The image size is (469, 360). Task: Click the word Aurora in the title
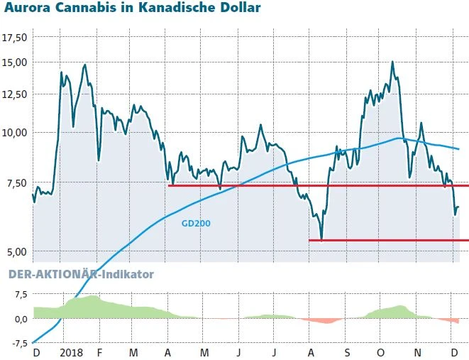point(27,9)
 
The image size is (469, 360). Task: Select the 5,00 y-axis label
point(16,251)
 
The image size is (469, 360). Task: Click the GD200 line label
point(196,222)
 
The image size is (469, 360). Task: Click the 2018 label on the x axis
point(72,351)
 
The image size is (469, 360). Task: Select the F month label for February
point(99,351)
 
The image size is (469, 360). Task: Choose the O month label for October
point(381,351)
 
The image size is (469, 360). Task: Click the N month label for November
point(417,351)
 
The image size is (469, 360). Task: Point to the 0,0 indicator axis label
point(20,318)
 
